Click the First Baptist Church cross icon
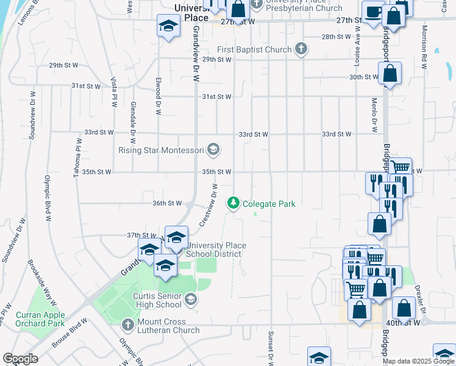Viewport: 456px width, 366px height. pos(301,49)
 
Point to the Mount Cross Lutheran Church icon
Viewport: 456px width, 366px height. pos(127,325)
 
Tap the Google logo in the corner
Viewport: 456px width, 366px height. pos(20,359)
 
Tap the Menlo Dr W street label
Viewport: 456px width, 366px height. pos(373,115)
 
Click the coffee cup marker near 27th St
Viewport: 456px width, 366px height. pos(372,12)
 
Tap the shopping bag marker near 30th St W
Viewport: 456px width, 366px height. pos(390,74)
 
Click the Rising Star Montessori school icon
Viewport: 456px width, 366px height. pos(213,149)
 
